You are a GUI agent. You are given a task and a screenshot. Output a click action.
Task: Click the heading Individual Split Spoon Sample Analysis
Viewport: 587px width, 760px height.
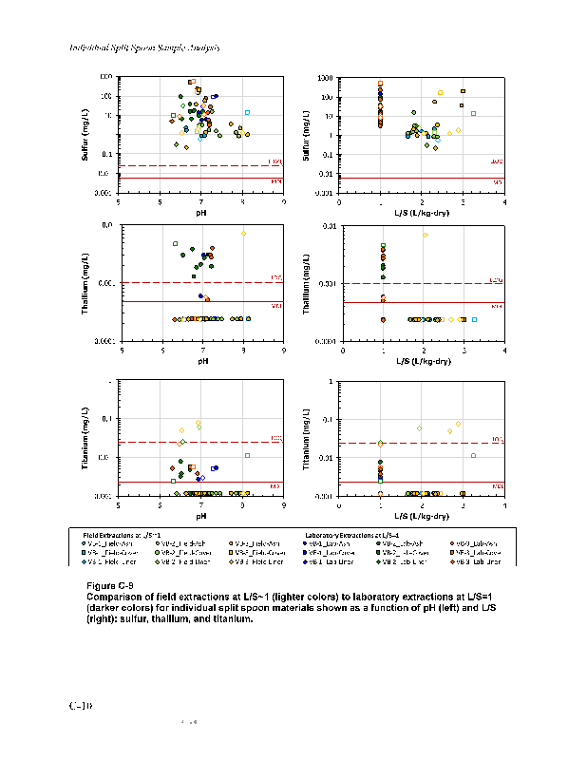144,47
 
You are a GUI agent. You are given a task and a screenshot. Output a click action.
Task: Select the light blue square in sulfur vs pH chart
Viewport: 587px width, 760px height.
247,113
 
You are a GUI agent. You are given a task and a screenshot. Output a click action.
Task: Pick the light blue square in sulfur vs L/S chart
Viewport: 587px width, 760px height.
473,114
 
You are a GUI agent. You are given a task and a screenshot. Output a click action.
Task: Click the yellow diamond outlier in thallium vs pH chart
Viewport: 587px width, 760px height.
243,233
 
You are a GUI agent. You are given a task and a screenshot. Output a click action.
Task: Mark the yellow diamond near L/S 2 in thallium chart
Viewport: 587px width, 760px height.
425,235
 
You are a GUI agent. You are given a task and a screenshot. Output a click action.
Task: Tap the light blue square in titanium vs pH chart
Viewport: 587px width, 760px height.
247,456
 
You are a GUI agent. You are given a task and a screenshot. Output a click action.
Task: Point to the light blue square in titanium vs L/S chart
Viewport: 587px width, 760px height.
473,456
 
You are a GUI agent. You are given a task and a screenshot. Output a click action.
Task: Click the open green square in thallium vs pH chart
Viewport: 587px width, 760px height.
176,244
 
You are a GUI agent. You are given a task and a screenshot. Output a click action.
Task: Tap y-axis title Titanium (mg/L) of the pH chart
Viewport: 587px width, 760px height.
85,440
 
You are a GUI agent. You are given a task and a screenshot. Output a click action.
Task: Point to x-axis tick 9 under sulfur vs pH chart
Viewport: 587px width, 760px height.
284,201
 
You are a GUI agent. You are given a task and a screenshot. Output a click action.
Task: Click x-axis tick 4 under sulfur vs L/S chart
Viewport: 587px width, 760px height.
504,201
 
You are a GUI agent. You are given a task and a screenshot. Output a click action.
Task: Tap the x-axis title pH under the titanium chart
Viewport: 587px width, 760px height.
201,516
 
